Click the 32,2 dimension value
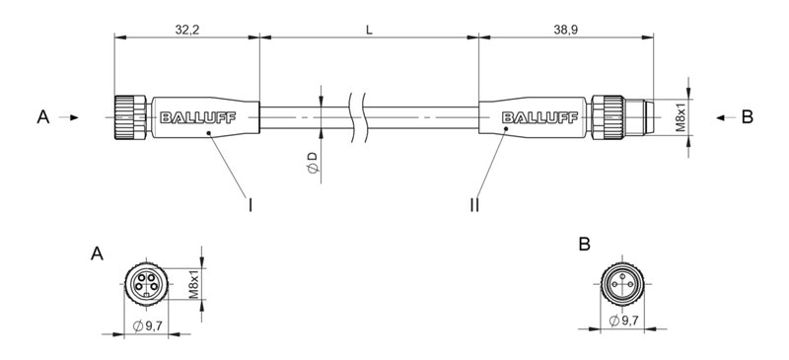pyautogui.click(x=186, y=31)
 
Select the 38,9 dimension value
pyautogui.click(x=567, y=31)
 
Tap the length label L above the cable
pyautogui.click(x=369, y=31)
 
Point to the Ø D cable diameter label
pyautogui.click(x=311, y=163)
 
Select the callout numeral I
pyautogui.click(x=251, y=205)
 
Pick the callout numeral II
pyautogui.click(x=475, y=205)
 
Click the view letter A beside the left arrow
pyautogui.click(x=42, y=117)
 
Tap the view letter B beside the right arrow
pyautogui.click(x=747, y=117)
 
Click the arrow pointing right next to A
pyautogui.click(x=70, y=117)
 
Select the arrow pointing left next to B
pyautogui.click(x=721, y=117)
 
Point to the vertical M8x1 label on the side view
pyautogui.click(x=680, y=117)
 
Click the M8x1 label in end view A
pyautogui.click(x=193, y=283)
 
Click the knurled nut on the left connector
pyautogui.click(x=129, y=117)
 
